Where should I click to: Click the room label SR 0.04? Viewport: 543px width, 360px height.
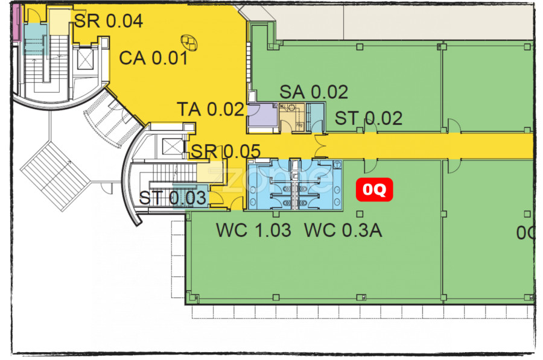(108, 21)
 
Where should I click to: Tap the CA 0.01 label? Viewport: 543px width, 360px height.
(153, 58)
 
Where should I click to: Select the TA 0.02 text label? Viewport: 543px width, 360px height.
(211, 110)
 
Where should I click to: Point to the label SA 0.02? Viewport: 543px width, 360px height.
(314, 92)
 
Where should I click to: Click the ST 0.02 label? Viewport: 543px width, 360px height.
(369, 118)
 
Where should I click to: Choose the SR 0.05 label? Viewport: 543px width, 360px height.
(226, 151)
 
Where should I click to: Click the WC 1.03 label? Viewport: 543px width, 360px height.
(253, 230)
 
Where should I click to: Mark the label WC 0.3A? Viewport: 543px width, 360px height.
(343, 230)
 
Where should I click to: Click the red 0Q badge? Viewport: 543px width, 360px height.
(374, 190)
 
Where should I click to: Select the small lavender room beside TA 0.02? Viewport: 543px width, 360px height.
(261, 115)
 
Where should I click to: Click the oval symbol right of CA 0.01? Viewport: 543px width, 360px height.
(191, 42)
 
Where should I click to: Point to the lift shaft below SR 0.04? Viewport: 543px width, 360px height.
(86, 58)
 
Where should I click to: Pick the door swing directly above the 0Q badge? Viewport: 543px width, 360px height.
(369, 166)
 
